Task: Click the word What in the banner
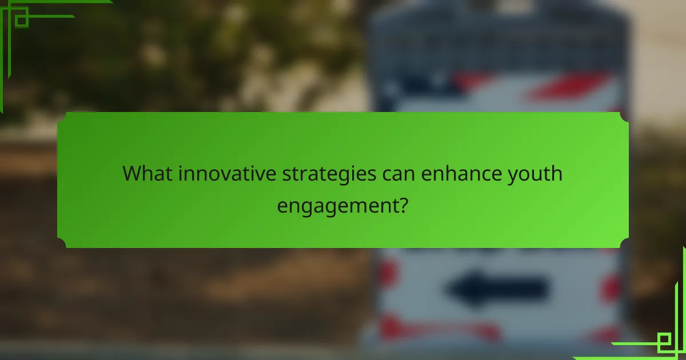(148, 173)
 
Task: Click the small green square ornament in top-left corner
(21, 20)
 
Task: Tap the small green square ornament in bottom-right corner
(664, 342)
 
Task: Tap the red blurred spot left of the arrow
(388, 273)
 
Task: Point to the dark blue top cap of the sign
(497, 29)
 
